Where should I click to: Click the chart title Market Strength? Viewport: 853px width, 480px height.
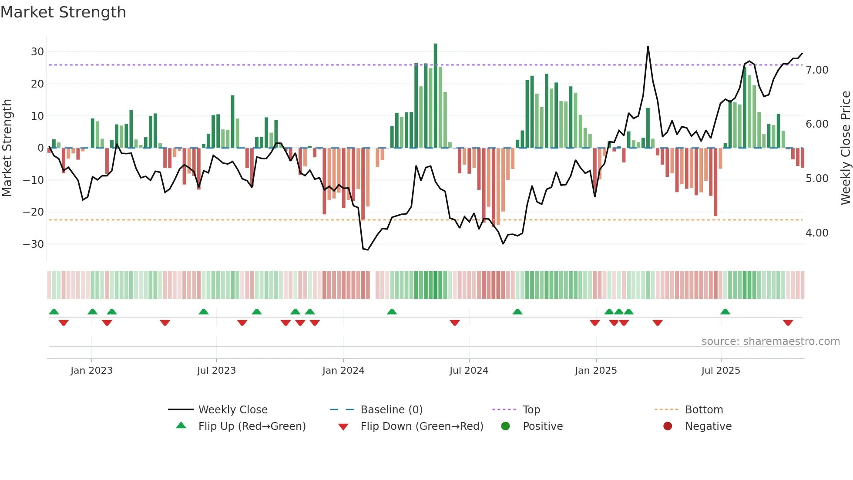click(63, 12)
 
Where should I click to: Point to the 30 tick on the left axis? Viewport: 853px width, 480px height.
click(37, 52)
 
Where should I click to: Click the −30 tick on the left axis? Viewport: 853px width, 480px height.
click(34, 244)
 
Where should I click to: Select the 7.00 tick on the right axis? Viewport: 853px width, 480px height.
click(817, 70)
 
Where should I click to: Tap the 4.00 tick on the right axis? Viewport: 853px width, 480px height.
click(817, 233)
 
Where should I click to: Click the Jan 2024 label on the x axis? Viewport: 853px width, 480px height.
click(343, 371)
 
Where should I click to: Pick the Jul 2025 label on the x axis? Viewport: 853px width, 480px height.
click(720, 371)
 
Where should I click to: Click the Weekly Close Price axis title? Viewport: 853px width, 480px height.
click(845, 148)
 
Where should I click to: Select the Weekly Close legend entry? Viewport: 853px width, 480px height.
click(232, 410)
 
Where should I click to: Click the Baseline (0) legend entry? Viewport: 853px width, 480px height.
click(391, 410)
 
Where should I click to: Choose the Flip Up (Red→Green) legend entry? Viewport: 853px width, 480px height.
click(252, 426)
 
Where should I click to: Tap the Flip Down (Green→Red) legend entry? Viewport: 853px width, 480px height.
click(421, 426)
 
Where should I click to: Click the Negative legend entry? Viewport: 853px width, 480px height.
click(708, 426)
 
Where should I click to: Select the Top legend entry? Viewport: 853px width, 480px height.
click(531, 410)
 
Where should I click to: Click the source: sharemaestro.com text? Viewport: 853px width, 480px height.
click(770, 341)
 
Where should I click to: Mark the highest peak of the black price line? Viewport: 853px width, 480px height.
click(648, 47)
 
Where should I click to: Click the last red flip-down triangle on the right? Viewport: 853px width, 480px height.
click(788, 323)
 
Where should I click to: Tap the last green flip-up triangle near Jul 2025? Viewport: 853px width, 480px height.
click(725, 312)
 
